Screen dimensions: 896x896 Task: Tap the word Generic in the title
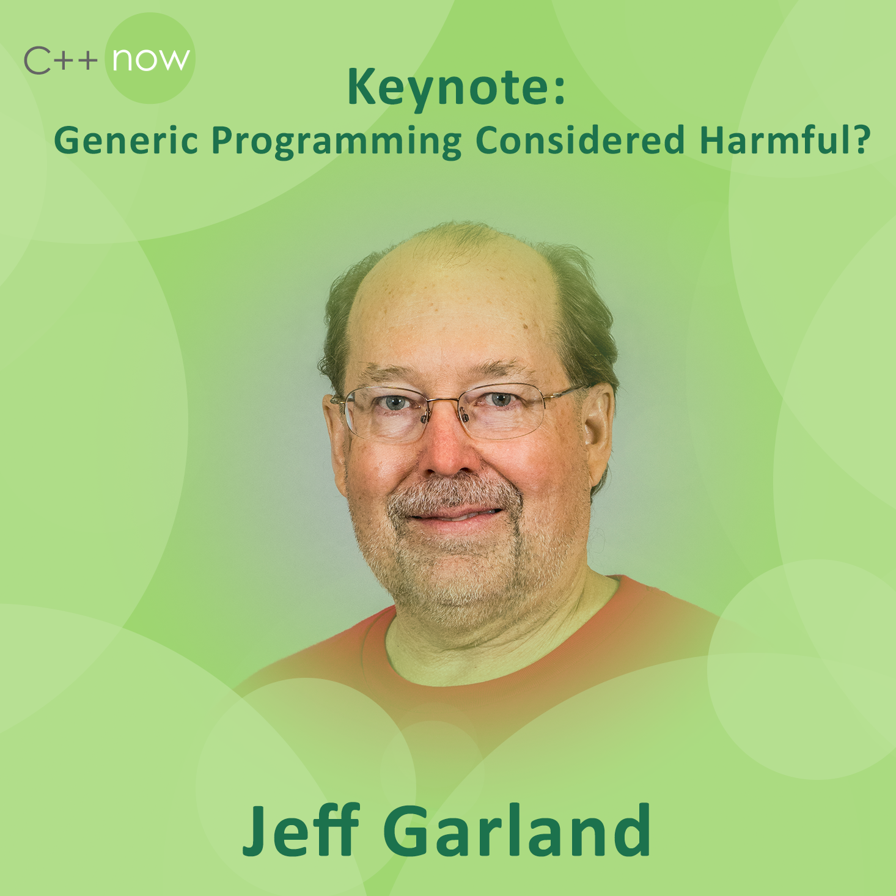pyautogui.click(x=126, y=141)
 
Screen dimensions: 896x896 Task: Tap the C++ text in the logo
pyautogui.click(x=61, y=61)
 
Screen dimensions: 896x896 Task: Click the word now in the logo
pyautogui.click(x=151, y=59)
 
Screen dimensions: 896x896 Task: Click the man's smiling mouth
pyautogui.click(x=456, y=515)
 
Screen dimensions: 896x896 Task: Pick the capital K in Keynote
pyautogui.click(x=362, y=87)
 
